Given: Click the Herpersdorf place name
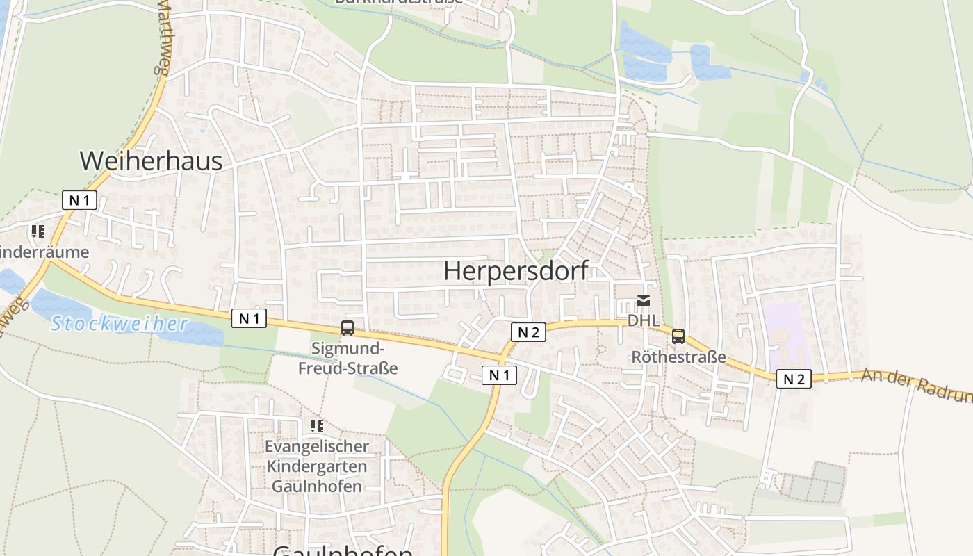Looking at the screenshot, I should click(516, 271).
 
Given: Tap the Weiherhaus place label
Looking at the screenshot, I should click(151, 161).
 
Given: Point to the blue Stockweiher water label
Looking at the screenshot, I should click(120, 324).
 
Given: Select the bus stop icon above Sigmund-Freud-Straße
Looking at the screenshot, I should click(347, 328).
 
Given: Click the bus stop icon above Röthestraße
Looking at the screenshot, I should click(678, 336).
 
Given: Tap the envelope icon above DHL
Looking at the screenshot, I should click(644, 302).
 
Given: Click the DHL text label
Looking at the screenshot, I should click(644, 320).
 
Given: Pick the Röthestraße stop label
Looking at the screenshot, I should click(678, 357).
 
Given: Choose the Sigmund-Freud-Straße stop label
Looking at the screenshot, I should click(347, 358).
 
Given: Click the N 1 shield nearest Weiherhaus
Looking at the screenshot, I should click(80, 201).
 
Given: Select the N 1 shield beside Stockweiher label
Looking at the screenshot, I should click(249, 318).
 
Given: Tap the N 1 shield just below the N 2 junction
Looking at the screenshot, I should click(499, 375).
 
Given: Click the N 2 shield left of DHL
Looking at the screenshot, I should click(528, 332).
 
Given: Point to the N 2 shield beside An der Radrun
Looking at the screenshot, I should click(794, 379).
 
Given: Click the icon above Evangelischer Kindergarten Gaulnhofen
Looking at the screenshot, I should click(317, 425).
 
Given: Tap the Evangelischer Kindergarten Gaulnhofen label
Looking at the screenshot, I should click(317, 466).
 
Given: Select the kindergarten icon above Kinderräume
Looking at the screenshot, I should click(38, 231).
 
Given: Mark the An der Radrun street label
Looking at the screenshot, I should click(916, 385).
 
